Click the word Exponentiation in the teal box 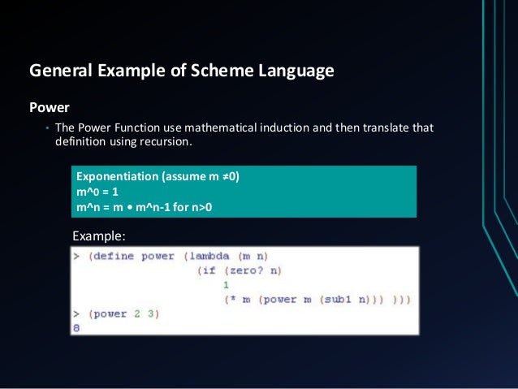tap(117, 176)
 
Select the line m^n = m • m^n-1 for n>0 tap(143, 206)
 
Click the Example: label tap(99, 236)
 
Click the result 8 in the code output tap(76, 327)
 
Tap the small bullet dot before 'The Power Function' tap(46, 129)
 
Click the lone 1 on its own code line tap(226, 285)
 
